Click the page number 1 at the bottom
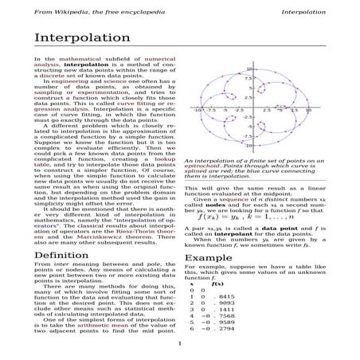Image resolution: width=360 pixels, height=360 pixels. tap(181, 344)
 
